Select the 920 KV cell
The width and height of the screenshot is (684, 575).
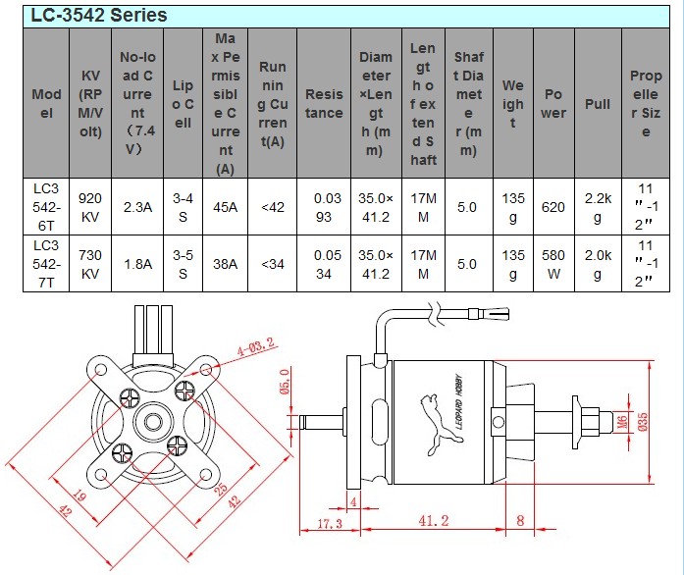(x=90, y=207)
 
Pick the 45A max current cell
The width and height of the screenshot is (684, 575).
(x=226, y=207)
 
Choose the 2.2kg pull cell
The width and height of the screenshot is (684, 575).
(x=598, y=207)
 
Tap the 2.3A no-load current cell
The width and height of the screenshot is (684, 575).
(x=136, y=207)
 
